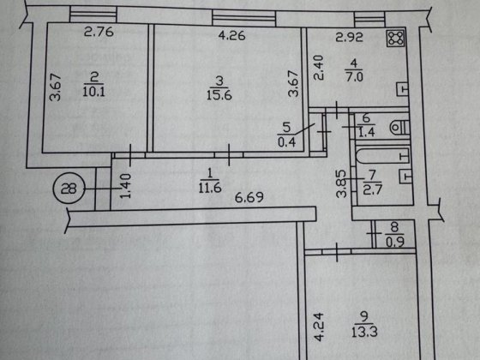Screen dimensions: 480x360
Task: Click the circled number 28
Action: pos(69,188)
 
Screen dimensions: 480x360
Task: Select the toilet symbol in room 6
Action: pos(400,128)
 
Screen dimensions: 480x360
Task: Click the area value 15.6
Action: pos(219,95)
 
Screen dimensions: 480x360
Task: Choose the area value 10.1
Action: pos(93,92)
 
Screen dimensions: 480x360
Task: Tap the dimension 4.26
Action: pos(231,35)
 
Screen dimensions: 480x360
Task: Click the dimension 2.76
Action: pos(99,32)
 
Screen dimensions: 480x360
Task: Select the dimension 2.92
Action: pos(350,37)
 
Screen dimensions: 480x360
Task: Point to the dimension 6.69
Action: pos(249,197)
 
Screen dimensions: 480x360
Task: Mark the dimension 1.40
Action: pos(125,186)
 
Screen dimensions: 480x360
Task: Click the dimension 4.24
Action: pos(318,327)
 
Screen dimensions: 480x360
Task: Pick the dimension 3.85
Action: pos(341,183)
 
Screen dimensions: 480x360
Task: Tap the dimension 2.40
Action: pos(318,68)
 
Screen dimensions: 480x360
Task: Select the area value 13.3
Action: pos(364,332)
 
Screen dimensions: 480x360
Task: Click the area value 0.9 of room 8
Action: pos(395,242)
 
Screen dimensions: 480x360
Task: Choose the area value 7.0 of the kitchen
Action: pos(354,76)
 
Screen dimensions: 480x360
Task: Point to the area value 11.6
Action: pos(210,188)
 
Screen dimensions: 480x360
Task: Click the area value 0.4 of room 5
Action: pos(286,142)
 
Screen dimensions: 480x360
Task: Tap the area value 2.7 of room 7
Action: pos(373,189)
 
